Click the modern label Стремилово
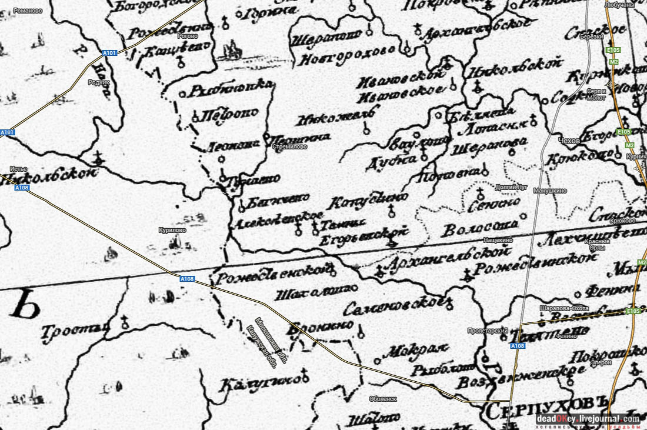tap(290, 147)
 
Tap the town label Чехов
tap(571, 141)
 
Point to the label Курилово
tap(172, 230)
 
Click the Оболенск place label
tap(383, 399)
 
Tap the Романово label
tap(28, 11)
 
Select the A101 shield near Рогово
tap(109, 53)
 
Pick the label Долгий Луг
tap(512, 188)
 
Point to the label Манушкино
tap(549, 191)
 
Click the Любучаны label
tap(619, 5)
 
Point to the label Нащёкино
tap(498, 240)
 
